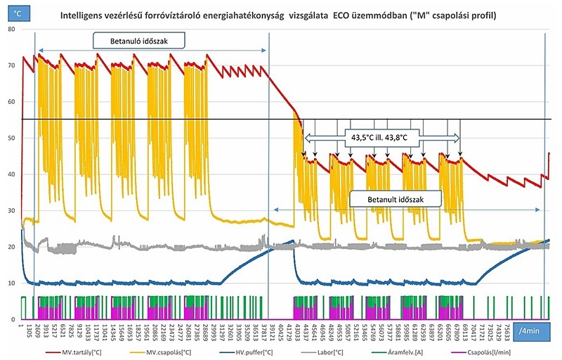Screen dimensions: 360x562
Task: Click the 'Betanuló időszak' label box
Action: (140, 41)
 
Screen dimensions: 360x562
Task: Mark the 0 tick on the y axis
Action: (11, 319)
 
